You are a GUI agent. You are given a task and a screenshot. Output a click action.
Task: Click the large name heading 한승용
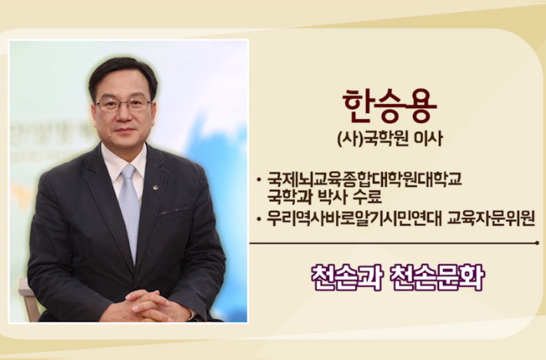coord(389,106)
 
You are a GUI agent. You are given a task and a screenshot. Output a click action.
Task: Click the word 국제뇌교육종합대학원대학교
coord(365,179)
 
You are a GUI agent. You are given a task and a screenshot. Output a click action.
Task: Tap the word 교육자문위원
coord(491,218)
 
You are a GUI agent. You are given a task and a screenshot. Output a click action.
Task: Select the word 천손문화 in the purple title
coord(438,278)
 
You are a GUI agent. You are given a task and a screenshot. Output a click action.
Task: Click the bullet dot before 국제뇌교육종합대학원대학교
coord(258,180)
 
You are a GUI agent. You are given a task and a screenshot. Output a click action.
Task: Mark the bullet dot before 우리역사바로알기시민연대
coord(258,219)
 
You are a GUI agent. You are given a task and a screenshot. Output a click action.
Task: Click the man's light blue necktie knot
coord(128,172)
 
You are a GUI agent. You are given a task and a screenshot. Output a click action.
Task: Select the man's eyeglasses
coord(123,105)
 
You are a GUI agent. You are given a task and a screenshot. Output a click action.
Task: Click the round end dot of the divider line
coord(538,242)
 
